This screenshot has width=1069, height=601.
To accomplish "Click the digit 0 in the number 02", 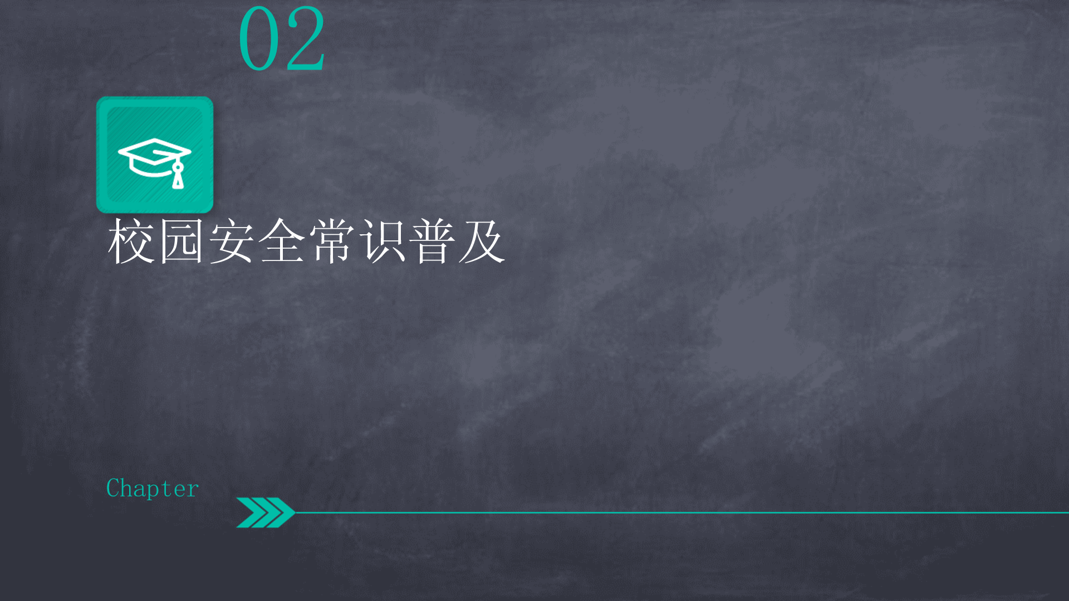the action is click(259, 38).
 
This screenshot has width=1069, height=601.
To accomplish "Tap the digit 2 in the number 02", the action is click(305, 38).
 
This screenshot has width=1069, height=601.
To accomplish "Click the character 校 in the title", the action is click(130, 241).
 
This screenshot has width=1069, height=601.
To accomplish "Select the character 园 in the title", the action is click(181, 241).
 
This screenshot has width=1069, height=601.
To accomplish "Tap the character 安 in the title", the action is click(231, 241).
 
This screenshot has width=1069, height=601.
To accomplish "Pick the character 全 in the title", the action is click(282, 241).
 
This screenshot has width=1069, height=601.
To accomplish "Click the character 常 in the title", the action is click(332, 241).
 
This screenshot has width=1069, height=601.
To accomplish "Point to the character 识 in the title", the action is click(382, 241).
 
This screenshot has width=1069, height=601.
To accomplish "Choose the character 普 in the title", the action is click(432, 241).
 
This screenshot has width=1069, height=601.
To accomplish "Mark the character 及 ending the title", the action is click(482, 241).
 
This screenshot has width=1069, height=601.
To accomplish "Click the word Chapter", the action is click(152, 489).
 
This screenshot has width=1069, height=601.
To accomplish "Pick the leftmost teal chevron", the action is click(249, 512).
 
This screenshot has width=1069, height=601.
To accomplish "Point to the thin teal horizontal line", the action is click(681, 513).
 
